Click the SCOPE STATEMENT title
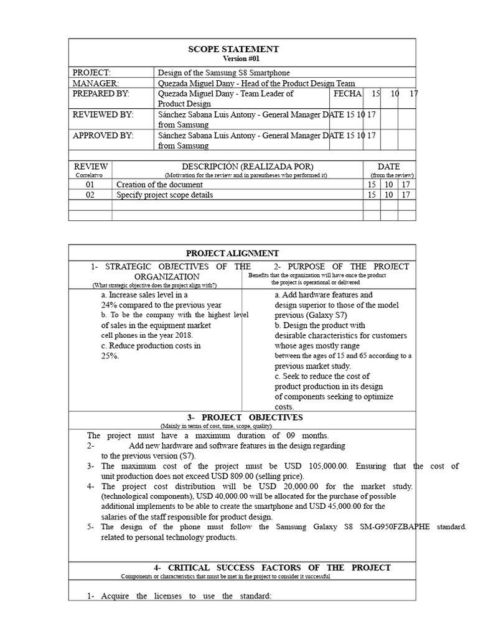coord(233,49)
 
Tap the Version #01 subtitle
coord(233,58)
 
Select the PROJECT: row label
coord(91,73)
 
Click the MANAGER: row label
coord(95,83)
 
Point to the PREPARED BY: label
coord(101,93)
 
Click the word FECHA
coord(347,93)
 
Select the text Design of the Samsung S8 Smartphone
coord(224,73)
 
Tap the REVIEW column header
coord(91,167)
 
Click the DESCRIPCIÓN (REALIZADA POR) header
coord(238,167)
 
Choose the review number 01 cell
coord(91,185)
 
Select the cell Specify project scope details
coord(165,195)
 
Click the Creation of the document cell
coord(160,185)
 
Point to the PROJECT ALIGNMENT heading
coord(233,253)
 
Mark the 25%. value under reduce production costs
coord(110,356)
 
